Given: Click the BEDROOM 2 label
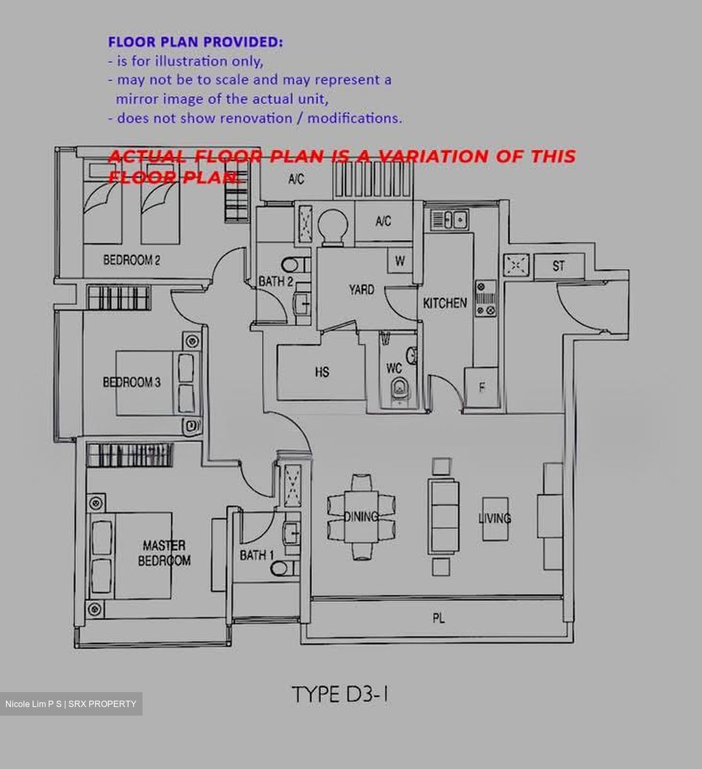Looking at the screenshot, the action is point(131,260).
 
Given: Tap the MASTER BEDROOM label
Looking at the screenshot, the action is point(164,553).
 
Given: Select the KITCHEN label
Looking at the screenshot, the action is point(445,303).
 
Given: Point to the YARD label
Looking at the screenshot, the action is point(361,289).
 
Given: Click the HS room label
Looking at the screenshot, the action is point(322,372).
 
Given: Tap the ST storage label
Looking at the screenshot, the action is point(558,265).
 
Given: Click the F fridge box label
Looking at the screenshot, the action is point(482,388).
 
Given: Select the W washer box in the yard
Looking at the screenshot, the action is point(399,261).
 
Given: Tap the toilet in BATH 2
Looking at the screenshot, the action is point(295,265).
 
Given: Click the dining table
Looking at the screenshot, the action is point(361,516).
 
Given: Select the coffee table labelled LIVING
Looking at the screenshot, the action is point(495,519).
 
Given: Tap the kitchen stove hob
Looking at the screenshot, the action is point(486,299).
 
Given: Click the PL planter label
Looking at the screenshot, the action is point(439,618).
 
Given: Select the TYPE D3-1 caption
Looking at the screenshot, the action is point(341,694).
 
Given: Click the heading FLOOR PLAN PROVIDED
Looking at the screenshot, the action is point(195,42).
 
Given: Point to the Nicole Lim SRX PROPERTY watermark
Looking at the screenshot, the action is point(71,704).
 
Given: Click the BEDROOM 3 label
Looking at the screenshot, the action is point(131,382).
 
